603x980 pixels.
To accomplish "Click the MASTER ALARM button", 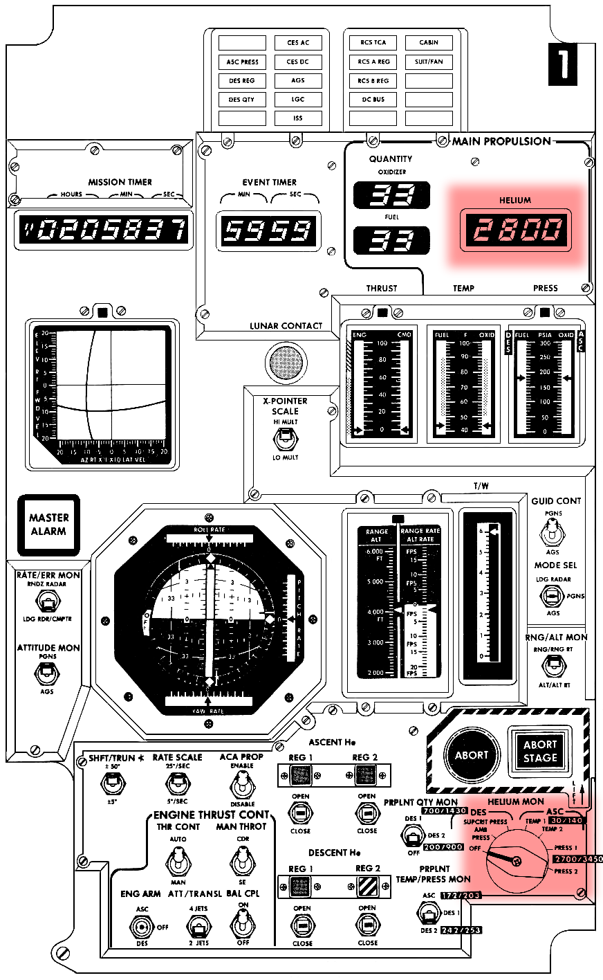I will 48,525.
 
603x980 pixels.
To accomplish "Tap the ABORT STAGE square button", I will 540,752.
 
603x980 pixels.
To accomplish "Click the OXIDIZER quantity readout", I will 392,196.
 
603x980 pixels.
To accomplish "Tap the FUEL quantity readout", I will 392,240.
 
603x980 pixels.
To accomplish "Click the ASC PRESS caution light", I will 242,62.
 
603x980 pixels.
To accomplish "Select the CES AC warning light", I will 298,43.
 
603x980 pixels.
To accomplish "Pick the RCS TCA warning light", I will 373,43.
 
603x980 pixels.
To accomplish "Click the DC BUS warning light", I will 373,100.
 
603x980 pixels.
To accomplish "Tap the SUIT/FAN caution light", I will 429,62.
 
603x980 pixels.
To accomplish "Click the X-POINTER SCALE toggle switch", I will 284,439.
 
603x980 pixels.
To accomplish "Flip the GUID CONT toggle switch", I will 552,533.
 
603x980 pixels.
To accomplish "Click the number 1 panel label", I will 562,64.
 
